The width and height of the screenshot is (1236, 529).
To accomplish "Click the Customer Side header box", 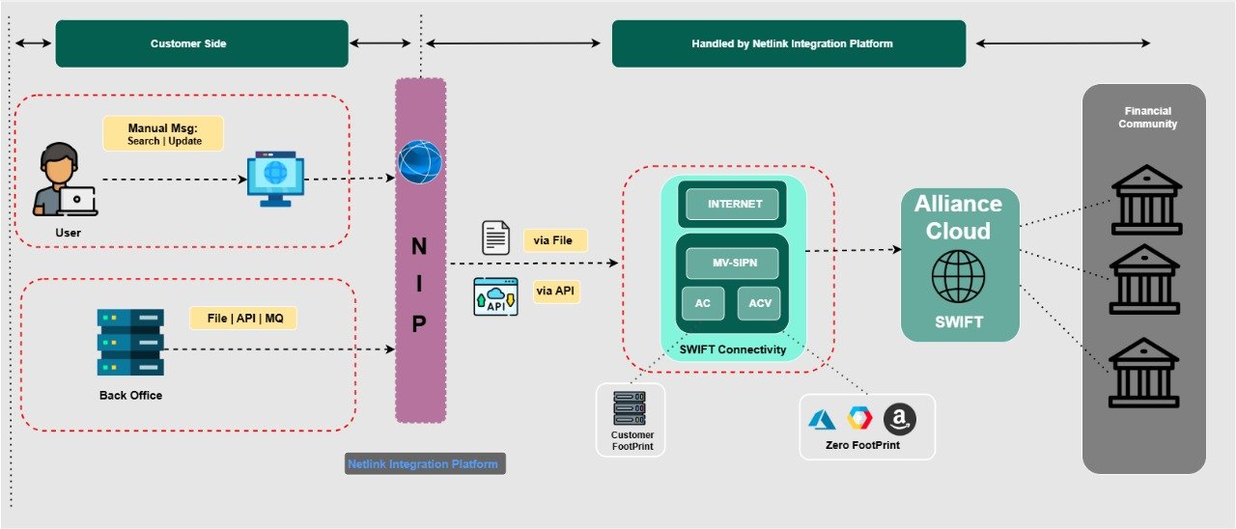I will [x=202, y=44].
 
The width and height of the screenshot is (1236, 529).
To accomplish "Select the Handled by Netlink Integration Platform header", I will [x=788, y=44].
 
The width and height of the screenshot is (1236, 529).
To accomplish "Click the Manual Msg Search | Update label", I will [x=163, y=134].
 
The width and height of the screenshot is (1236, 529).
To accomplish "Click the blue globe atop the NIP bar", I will [x=420, y=163].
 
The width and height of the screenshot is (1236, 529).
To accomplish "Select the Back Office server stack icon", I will [x=130, y=343].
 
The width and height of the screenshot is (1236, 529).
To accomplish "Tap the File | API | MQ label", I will [x=242, y=318].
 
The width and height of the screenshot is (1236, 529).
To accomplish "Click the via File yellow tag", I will [x=554, y=240].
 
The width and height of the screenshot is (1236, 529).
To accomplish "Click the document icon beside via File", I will [x=496, y=237].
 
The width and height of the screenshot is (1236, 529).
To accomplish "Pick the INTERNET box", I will [x=735, y=205].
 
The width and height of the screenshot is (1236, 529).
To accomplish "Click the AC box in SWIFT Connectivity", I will [x=703, y=303].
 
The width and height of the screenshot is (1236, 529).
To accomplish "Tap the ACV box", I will [x=759, y=303].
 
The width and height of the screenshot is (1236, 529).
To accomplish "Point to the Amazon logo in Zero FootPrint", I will [x=899, y=419].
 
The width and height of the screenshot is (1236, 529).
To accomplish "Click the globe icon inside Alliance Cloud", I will [x=958, y=276].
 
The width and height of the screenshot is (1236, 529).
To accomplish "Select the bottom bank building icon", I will [x=1145, y=373].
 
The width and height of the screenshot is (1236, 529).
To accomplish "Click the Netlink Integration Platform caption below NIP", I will [x=424, y=464].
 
